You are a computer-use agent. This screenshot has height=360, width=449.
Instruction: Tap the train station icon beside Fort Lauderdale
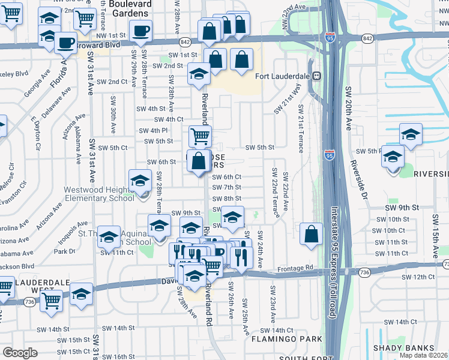(315, 76)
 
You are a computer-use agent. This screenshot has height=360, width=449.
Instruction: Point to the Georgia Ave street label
(37, 86)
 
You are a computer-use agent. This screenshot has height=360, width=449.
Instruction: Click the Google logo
(20, 353)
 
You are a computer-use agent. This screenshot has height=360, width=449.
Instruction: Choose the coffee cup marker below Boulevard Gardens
(140, 31)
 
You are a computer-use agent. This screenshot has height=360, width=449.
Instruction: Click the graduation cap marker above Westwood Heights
(140, 180)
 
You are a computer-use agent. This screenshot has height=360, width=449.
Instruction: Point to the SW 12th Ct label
(418, 277)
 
